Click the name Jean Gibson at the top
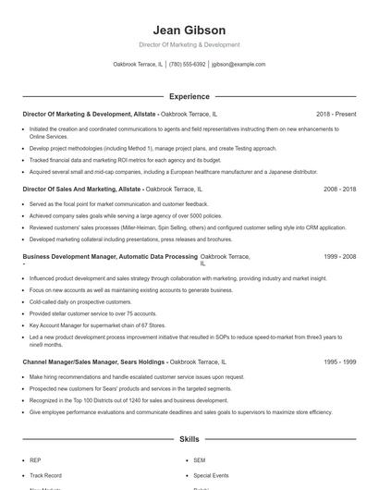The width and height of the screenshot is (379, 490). click(x=189, y=30)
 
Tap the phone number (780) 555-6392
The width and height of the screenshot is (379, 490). click(x=188, y=65)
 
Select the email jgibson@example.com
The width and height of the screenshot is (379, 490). click(x=238, y=65)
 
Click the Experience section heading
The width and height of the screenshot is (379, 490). click(x=189, y=96)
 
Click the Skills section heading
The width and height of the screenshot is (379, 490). click(x=189, y=440)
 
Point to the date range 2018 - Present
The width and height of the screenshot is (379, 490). click(x=336, y=114)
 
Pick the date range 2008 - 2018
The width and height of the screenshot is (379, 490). click(x=339, y=189)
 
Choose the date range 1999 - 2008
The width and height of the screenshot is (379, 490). click(x=339, y=255)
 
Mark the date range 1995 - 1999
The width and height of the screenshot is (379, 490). click(x=339, y=362)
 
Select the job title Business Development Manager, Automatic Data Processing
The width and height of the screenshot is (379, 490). click(x=97, y=255)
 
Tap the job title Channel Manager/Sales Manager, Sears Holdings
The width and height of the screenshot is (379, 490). click(x=93, y=362)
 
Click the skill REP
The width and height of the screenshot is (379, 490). click(x=35, y=459)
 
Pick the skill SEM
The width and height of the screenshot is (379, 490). click(x=200, y=459)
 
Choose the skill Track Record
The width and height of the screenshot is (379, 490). click(x=44, y=474)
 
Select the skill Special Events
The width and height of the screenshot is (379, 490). click(x=210, y=474)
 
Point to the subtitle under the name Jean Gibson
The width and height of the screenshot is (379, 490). click(x=189, y=44)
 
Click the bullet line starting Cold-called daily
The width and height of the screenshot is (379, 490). click(x=68, y=301)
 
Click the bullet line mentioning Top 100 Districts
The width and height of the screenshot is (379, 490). click(x=128, y=400)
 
